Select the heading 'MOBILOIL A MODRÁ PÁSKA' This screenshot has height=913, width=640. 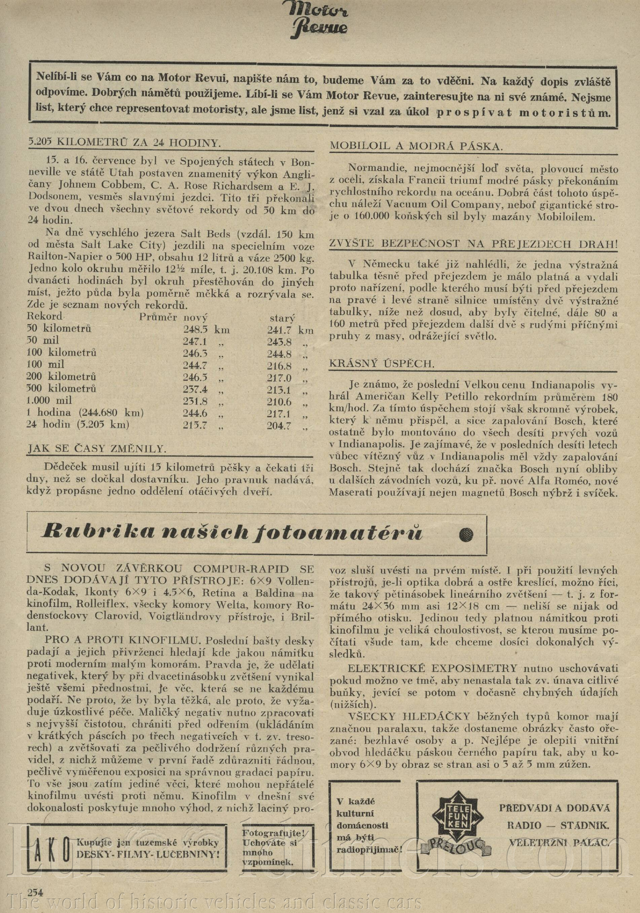click(416, 146)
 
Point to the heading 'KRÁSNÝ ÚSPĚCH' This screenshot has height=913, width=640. click(382, 363)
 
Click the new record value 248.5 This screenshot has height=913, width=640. click(195, 330)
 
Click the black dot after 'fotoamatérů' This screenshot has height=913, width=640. click(466, 535)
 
